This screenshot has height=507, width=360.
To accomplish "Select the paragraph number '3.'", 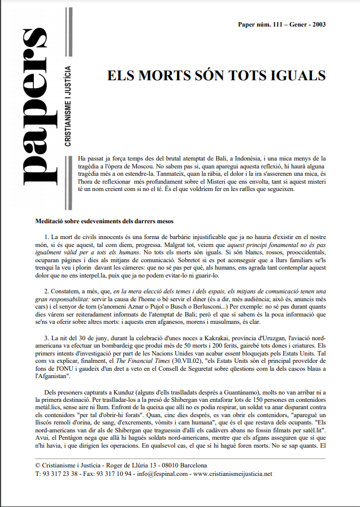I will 47,337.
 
